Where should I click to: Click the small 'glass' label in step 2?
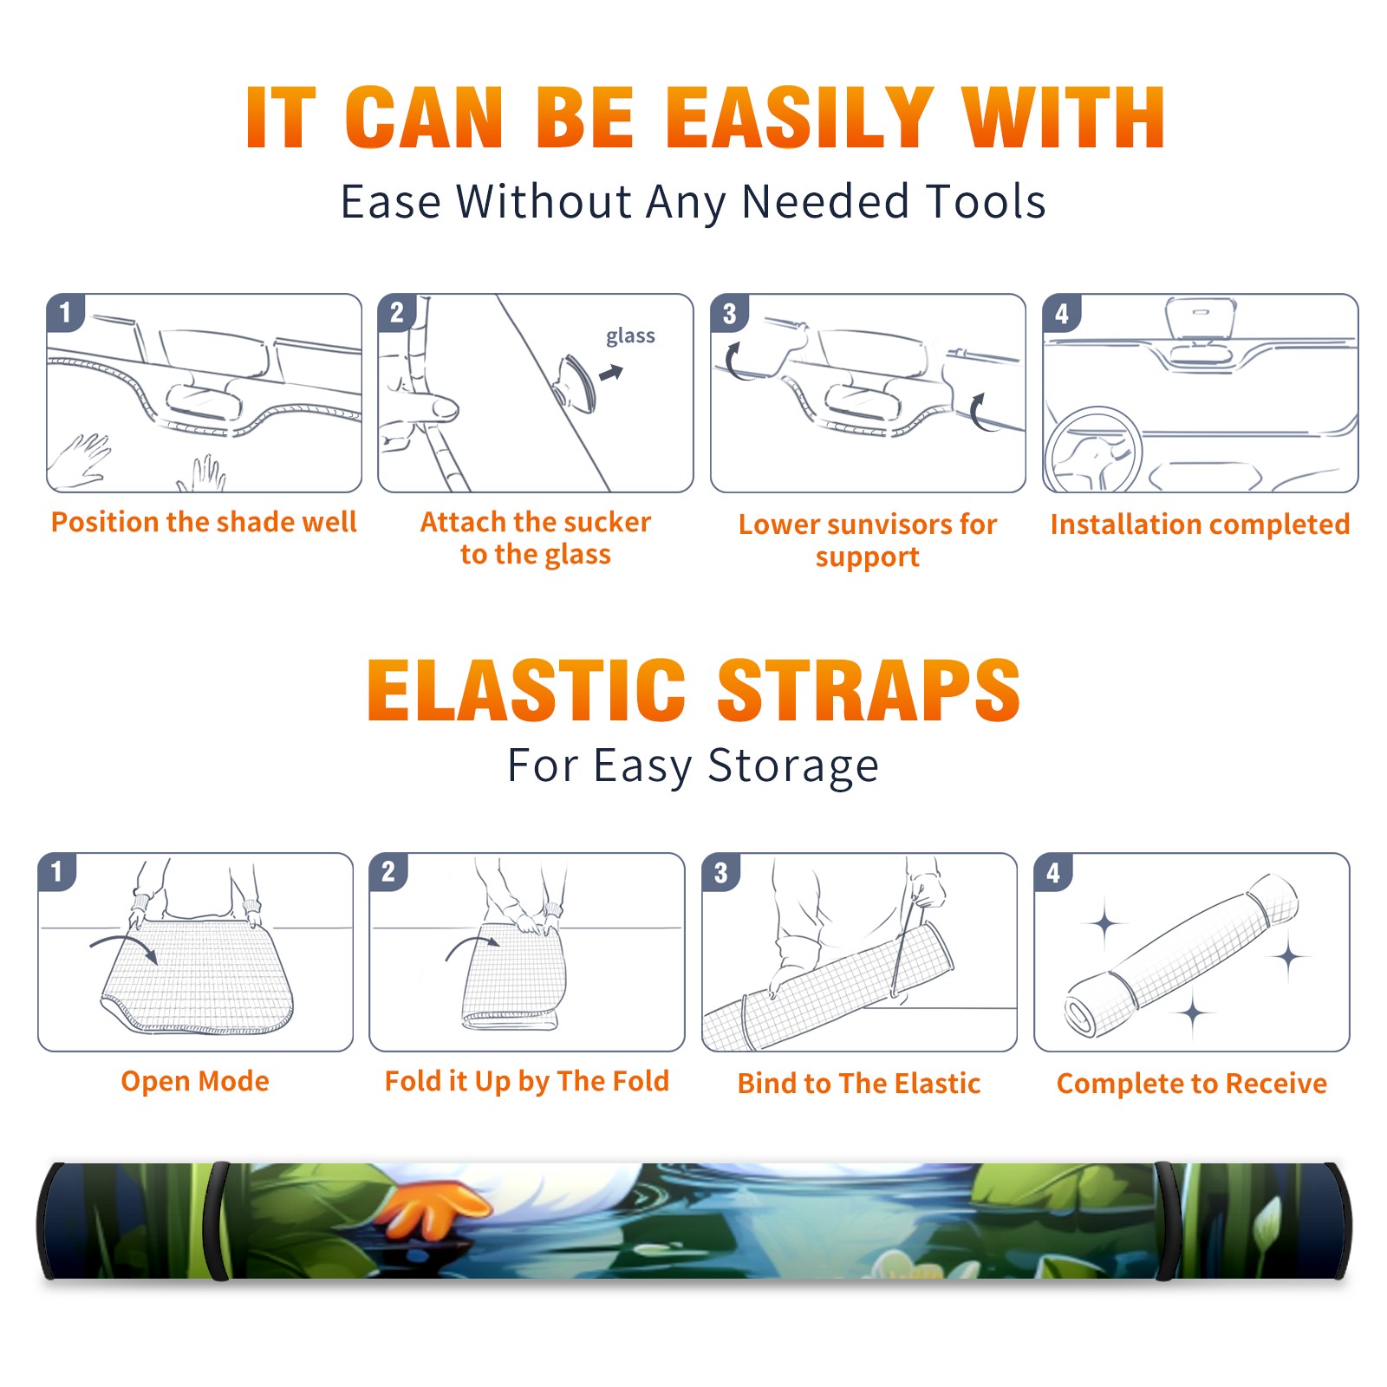630,336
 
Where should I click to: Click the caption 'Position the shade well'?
204,522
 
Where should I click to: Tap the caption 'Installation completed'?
1200,524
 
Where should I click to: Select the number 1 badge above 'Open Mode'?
57,872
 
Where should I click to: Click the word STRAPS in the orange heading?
869,690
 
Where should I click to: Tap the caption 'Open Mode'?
195,1081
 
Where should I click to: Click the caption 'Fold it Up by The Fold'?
527,1081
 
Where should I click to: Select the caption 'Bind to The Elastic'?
859,1084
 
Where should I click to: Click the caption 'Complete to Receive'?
1192,1084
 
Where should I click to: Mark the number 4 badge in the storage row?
1053,872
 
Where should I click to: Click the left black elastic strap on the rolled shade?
218,1221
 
